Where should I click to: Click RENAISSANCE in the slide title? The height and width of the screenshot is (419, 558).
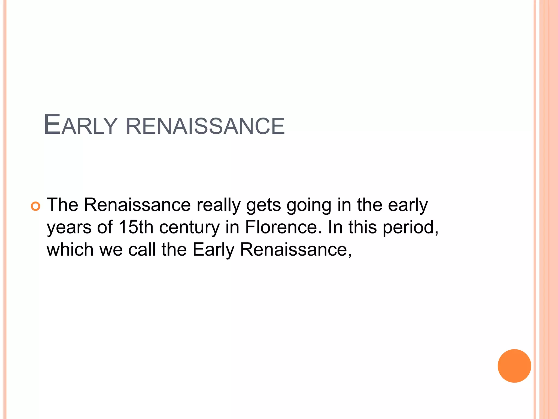pos(205,126)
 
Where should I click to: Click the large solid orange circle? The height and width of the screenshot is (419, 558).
pos(514,366)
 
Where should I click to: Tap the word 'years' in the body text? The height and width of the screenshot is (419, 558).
pos(69,228)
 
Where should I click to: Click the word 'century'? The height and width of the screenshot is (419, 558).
pos(189,228)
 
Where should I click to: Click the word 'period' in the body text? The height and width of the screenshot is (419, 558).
pos(410,228)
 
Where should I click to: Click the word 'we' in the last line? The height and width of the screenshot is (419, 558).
pos(111,250)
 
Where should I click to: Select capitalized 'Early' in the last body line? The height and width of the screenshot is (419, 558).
pos(213,250)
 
